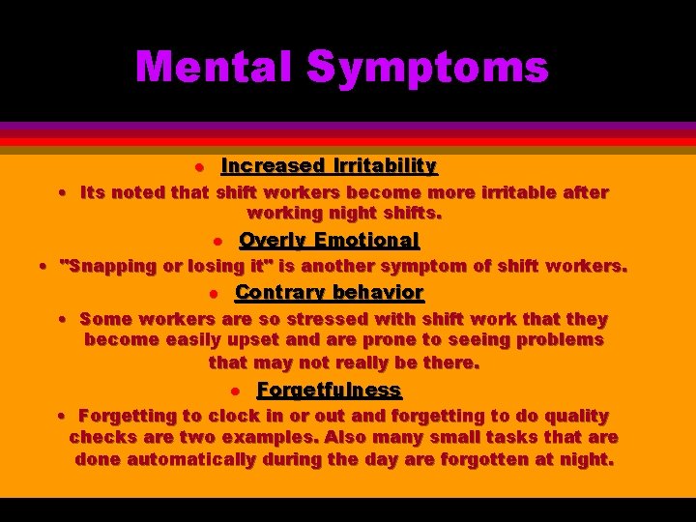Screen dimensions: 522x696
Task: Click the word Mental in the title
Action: coord(214,68)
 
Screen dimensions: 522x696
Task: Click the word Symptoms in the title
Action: coord(427,68)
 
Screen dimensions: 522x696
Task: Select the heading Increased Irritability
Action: coord(329,166)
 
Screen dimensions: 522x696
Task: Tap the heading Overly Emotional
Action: coord(329,240)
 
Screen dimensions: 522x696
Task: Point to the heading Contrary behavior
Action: coord(329,292)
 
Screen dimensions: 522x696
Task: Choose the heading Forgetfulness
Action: coord(329,391)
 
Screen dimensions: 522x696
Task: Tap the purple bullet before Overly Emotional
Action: coord(218,241)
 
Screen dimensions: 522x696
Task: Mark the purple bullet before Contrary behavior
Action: coord(215,293)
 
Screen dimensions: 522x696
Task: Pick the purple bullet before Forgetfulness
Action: coord(236,391)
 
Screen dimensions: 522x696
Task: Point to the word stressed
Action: coord(330,318)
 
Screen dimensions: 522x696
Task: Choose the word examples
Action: coord(275,438)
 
